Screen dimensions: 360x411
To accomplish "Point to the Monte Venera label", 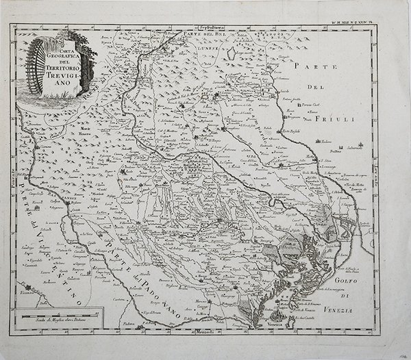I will pos(86,131).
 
